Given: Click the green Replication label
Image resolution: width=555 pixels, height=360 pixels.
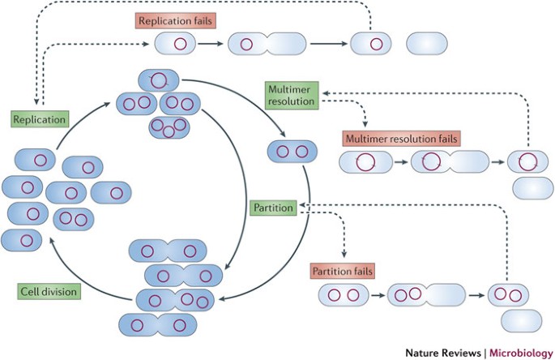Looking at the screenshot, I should (x=37, y=119).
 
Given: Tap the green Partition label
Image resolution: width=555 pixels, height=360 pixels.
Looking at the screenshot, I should (x=272, y=208).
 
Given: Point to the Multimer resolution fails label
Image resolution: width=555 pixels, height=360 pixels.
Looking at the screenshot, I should (x=400, y=139).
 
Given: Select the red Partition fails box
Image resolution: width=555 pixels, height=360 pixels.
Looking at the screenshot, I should (x=341, y=270).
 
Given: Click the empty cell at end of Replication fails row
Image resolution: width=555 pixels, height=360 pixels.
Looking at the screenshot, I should (x=426, y=44).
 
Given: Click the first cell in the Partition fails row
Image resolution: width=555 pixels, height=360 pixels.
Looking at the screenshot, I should (x=343, y=294).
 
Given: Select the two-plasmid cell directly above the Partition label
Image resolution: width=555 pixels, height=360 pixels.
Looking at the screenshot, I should (x=292, y=152).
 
